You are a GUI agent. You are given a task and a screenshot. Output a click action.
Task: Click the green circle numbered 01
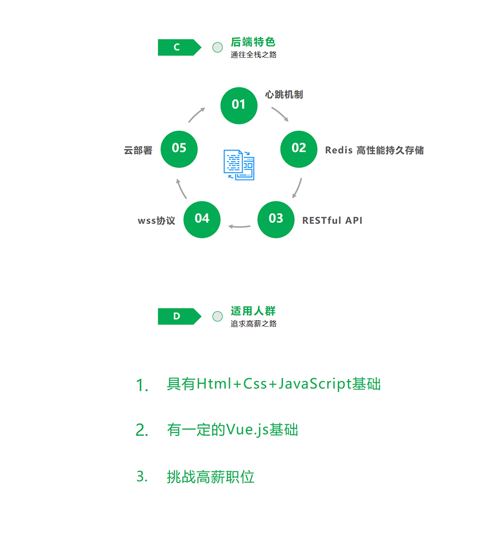[238, 105]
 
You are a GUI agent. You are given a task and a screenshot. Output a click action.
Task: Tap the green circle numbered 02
[299, 148]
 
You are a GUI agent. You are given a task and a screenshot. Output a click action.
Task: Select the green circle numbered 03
[275, 218]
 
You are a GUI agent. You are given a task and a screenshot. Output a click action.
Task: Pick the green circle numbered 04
[202, 218]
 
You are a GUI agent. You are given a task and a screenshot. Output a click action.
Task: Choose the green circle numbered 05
[179, 148]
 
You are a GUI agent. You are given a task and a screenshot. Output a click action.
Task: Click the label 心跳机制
[284, 95]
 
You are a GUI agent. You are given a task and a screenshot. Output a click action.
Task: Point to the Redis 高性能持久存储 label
[374, 150]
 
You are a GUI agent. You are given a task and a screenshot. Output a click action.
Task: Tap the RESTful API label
[332, 220]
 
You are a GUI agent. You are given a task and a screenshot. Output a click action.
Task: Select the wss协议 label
[156, 221]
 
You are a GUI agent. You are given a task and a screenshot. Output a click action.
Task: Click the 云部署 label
[138, 151]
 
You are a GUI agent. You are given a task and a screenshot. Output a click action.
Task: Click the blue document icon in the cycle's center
[239, 165]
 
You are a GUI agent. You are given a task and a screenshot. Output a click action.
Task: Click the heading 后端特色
[253, 42]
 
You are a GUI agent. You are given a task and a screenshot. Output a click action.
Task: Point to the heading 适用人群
[253, 311]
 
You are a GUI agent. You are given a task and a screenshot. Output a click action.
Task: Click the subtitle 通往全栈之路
[253, 54]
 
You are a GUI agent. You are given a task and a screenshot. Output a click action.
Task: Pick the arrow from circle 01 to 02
[280, 114]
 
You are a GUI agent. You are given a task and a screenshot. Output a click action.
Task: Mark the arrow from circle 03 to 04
[239, 226]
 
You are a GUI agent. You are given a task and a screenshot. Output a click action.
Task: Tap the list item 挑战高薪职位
[211, 477]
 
